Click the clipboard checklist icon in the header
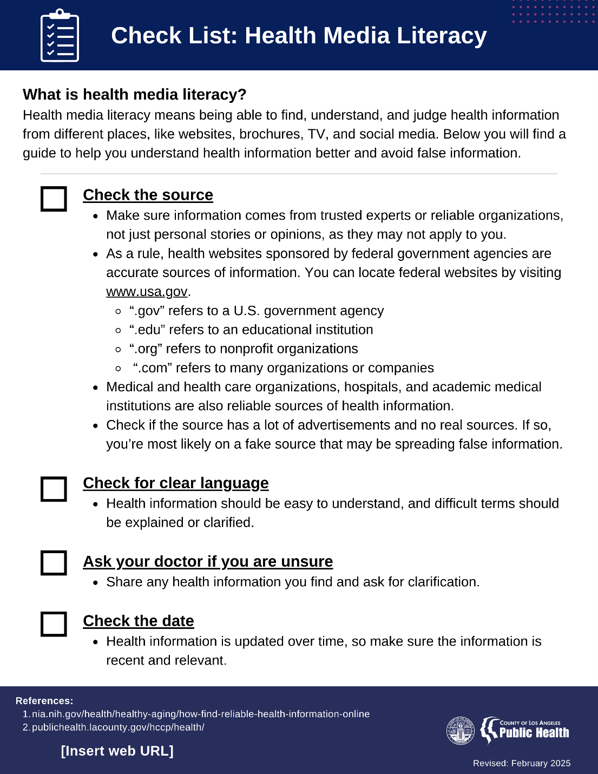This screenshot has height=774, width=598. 60,36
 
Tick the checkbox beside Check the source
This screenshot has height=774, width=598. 54,199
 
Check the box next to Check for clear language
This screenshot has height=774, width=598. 54,489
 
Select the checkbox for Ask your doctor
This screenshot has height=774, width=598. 54,562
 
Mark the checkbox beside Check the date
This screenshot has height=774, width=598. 54,624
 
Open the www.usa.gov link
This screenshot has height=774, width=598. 147,292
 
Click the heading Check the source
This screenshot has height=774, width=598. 148,195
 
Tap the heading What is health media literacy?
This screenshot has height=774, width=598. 134,95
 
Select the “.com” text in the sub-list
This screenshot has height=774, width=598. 152,368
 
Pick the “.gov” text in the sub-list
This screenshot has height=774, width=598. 146,311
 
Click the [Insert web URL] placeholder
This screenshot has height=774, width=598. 117,751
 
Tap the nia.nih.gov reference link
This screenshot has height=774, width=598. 200,714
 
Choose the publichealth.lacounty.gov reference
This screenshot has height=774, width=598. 118,727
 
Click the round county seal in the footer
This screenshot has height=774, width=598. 460,731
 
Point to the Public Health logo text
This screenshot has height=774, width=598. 534,732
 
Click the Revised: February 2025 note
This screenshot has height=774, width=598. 521,763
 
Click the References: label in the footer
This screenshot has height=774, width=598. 44,701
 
